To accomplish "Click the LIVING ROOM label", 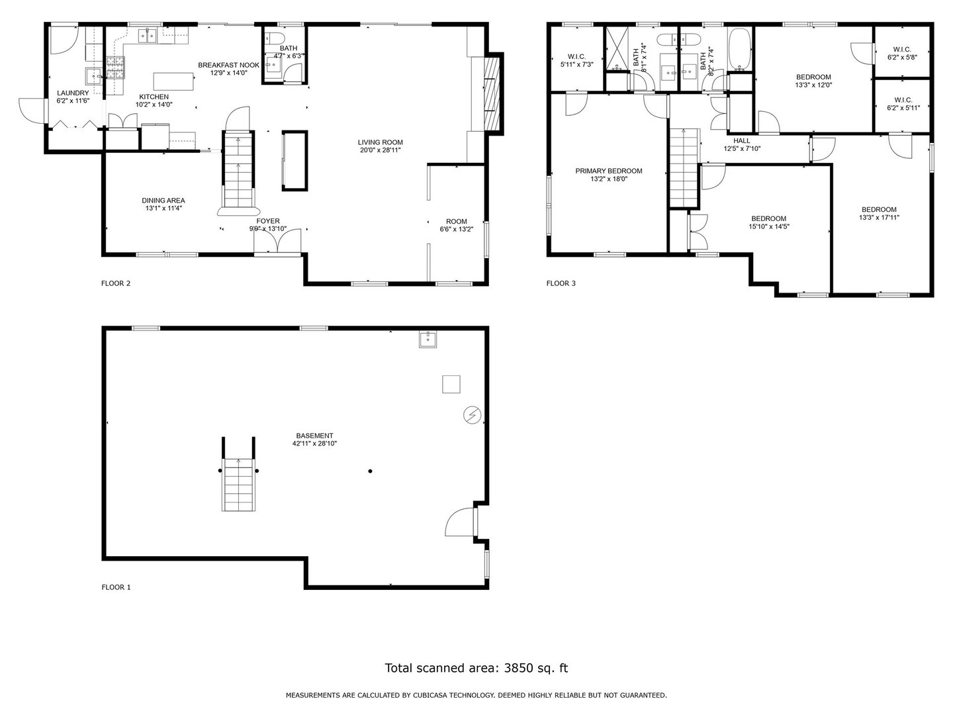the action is (x=380, y=142).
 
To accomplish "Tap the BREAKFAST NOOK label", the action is (x=228, y=65).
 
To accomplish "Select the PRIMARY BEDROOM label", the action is (x=608, y=171).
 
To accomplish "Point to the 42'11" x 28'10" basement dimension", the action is (x=314, y=444).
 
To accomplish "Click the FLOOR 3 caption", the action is (x=561, y=283).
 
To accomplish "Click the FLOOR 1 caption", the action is (x=116, y=587).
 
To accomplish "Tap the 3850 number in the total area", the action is (x=518, y=668).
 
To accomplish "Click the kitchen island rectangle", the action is (x=173, y=81).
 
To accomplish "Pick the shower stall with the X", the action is (x=617, y=49).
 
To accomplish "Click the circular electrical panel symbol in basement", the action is (x=472, y=414).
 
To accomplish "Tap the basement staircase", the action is (x=238, y=484).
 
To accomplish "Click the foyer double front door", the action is (x=277, y=240).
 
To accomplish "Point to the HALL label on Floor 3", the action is (x=742, y=140).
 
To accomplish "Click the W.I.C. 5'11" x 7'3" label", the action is (x=576, y=60).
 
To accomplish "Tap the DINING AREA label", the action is (x=163, y=201).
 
